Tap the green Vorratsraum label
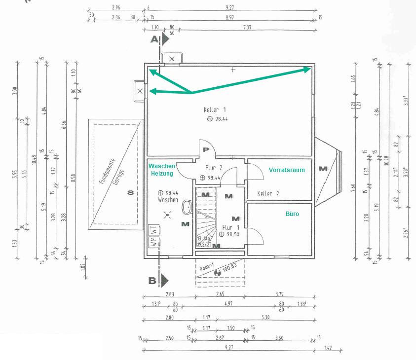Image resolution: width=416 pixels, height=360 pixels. tap(287, 170)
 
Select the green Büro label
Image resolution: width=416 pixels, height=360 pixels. tap(293, 215)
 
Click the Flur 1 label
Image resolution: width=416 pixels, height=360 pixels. tap(230, 227)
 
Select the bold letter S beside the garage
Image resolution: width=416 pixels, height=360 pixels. tap(130, 193)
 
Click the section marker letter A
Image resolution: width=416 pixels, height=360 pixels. tap(154, 38)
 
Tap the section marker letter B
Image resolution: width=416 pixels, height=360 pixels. tap(152, 281)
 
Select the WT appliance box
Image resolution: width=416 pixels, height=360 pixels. tap(153, 230)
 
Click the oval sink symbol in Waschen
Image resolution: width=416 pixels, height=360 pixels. tap(187, 207)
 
